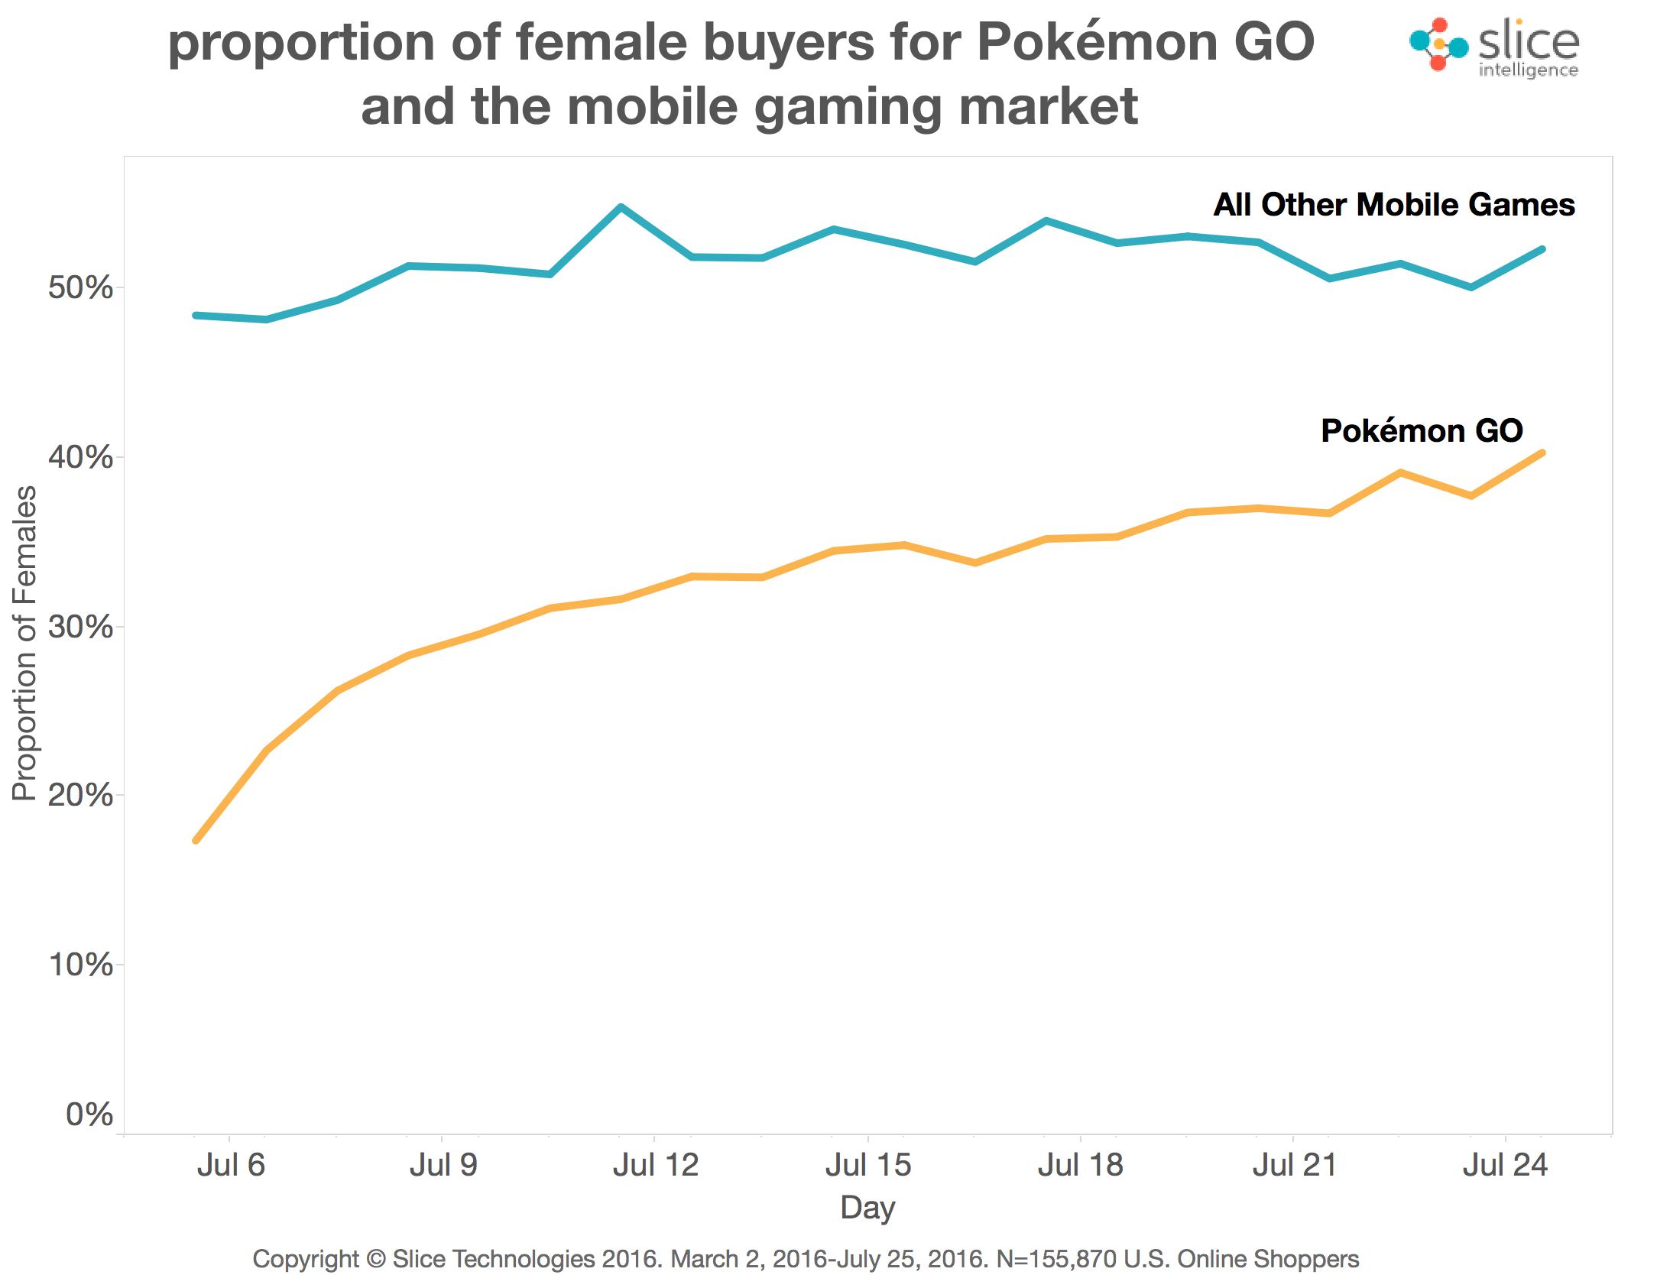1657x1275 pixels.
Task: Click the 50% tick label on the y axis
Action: coord(79,288)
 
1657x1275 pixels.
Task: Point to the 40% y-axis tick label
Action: coord(79,458)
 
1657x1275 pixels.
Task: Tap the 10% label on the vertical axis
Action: coord(79,965)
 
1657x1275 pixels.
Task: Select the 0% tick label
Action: coord(89,1114)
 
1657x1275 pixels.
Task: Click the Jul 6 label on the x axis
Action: coord(230,1166)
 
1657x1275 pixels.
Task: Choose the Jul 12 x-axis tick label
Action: coord(655,1166)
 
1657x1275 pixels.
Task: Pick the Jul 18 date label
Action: coord(1080,1166)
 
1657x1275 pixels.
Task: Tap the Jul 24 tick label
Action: coord(1505,1166)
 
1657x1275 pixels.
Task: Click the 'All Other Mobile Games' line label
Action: coord(1394,205)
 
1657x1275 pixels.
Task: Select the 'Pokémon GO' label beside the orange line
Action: coord(1422,431)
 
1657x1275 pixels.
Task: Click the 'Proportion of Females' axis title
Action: coord(24,644)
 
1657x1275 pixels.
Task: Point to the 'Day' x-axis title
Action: coord(867,1208)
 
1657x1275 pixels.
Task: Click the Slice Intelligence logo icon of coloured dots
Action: coord(1438,44)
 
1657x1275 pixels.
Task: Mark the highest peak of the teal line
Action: coord(621,206)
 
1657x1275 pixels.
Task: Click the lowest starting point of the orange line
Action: coord(196,840)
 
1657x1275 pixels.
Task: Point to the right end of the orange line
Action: coord(1542,453)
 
